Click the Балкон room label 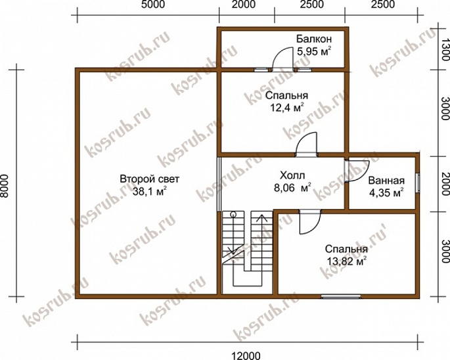[x=314, y=39]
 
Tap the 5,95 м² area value [x=313, y=52]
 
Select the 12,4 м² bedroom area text [x=287, y=108]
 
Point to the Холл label [x=292, y=175]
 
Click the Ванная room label [x=386, y=181]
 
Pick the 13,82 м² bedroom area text [x=346, y=261]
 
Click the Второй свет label [x=150, y=179]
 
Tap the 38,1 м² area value [x=150, y=191]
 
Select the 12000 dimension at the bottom [x=246, y=355]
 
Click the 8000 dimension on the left [x=5, y=186]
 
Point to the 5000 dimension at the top [x=153, y=5]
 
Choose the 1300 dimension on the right [x=445, y=49]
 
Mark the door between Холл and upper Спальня [x=307, y=144]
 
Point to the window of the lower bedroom [x=341, y=296]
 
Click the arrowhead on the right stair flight [x=261, y=218]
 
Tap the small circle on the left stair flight [x=233, y=214]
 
